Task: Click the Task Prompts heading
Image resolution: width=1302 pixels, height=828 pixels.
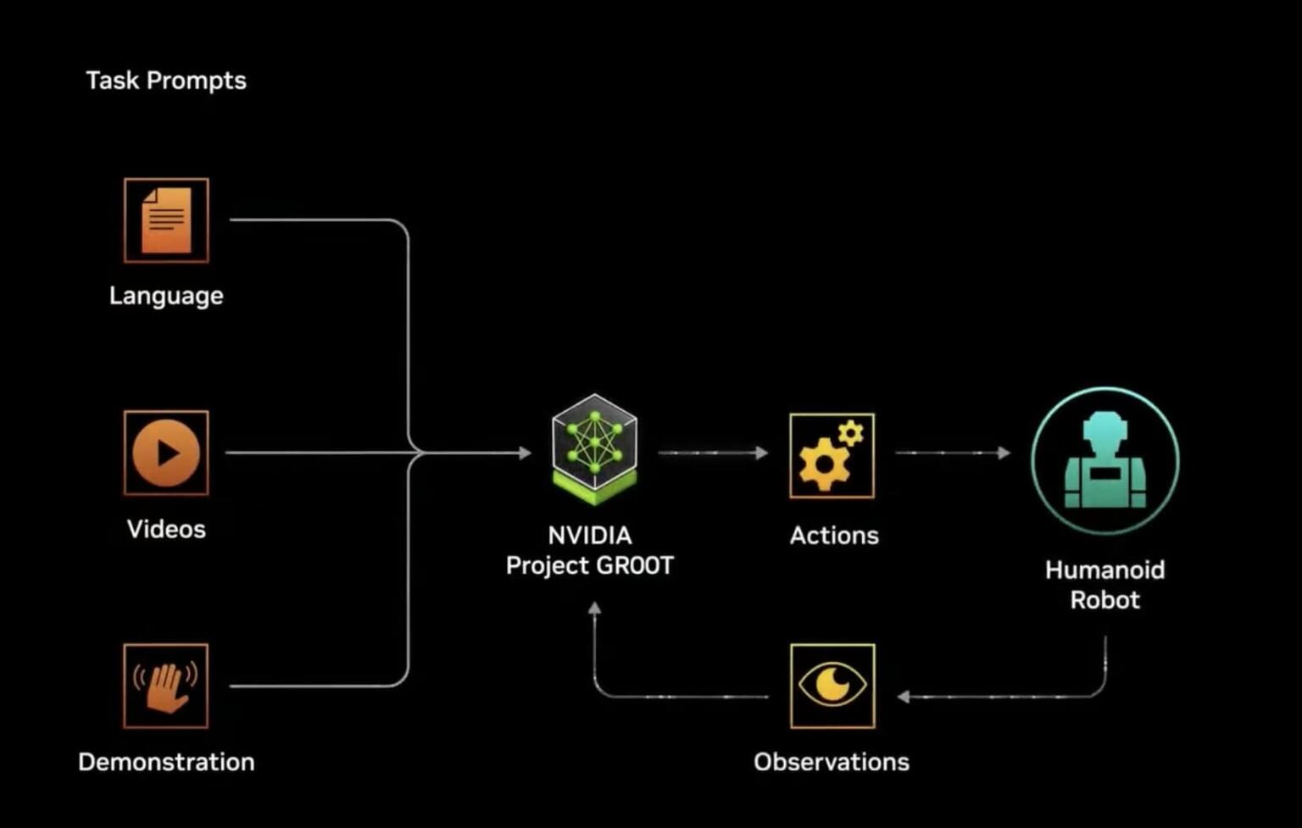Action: tap(166, 81)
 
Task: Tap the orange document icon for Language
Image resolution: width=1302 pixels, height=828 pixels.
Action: tap(166, 220)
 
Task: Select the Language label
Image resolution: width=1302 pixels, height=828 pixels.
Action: tap(166, 296)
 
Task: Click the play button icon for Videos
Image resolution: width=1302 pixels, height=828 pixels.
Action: tap(166, 453)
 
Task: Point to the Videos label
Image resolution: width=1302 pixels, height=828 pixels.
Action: tap(166, 529)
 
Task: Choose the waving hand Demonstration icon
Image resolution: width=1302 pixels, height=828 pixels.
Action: tap(166, 686)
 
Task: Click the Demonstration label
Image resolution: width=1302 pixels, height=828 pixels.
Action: tap(166, 762)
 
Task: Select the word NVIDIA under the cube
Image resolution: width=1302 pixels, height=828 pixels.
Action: tap(590, 536)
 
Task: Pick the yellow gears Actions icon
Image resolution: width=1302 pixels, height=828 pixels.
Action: tap(832, 456)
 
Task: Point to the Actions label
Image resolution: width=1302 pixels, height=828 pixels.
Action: tap(834, 536)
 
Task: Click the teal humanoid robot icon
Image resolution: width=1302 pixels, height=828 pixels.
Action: tap(1104, 461)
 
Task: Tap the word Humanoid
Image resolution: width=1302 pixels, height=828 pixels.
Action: tap(1104, 570)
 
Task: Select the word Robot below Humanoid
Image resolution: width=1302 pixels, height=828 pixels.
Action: tap(1104, 600)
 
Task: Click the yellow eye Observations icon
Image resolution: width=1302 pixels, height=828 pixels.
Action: tap(832, 686)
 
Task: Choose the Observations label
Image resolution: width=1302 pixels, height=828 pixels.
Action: tap(832, 762)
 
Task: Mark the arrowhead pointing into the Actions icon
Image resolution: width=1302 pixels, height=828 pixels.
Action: tap(762, 453)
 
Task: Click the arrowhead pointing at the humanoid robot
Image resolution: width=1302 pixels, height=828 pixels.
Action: tap(1004, 453)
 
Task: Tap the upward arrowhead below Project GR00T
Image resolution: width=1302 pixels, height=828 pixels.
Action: tap(595, 608)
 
